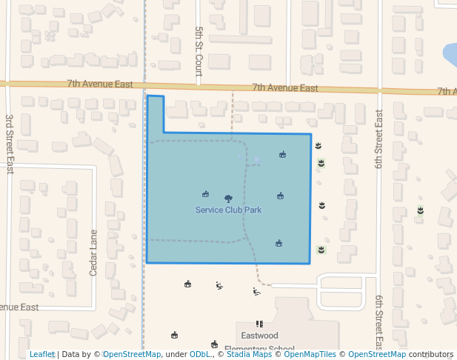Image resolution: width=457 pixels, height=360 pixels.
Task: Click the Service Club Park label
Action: pyautogui.click(x=228, y=210)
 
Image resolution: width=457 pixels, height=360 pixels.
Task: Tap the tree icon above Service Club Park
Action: pyautogui.click(x=228, y=199)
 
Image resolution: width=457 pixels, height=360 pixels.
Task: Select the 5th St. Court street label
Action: pyautogui.click(x=199, y=52)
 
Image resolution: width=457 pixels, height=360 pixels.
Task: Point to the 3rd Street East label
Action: pyautogui.click(x=10, y=144)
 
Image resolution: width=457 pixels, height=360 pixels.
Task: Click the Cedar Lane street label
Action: pyautogui.click(x=93, y=253)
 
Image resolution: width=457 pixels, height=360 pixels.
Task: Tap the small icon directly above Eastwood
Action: pyautogui.click(x=259, y=324)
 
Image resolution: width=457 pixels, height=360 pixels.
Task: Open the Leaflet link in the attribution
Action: pyautogui.click(x=42, y=355)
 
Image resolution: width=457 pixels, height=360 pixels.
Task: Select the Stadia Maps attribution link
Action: pyautogui.click(x=248, y=355)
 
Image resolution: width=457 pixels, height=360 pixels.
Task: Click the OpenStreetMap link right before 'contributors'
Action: pyautogui.click(x=376, y=355)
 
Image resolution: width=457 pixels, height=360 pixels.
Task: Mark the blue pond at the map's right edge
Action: pyautogui.click(x=450, y=54)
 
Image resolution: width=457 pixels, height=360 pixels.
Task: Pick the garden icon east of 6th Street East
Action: pyautogui.click(x=420, y=210)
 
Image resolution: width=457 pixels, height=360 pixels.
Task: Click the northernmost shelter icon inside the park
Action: pyautogui.click(x=282, y=155)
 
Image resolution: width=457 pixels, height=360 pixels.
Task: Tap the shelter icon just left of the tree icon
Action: pyautogui.click(x=205, y=194)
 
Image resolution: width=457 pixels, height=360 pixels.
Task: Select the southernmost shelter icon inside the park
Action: pyautogui.click(x=278, y=243)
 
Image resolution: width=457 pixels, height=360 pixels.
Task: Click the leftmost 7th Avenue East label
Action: pyautogui.click(x=99, y=84)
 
